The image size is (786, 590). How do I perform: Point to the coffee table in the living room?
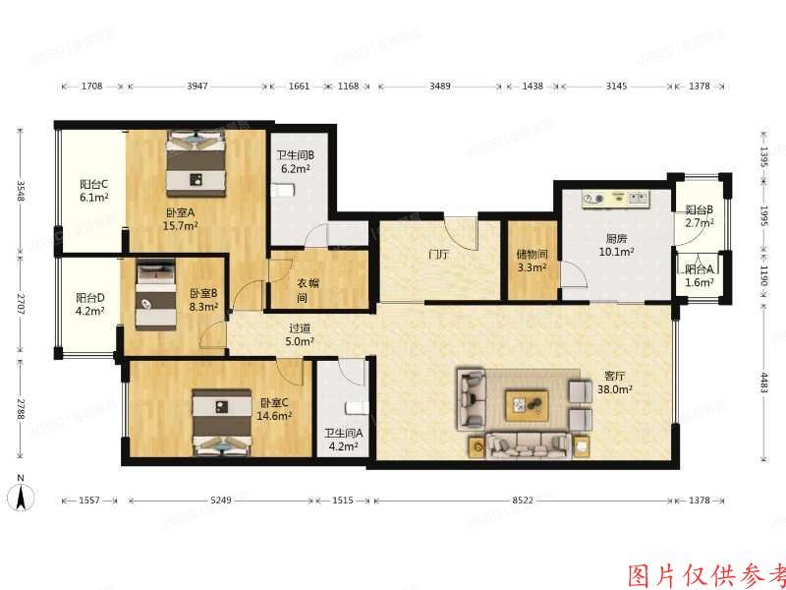[x=528, y=403]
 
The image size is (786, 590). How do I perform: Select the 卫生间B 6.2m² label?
[x=295, y=161]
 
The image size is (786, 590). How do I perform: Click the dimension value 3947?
[x=197, y=87]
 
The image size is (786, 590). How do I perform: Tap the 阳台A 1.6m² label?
[x=699, y=276]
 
